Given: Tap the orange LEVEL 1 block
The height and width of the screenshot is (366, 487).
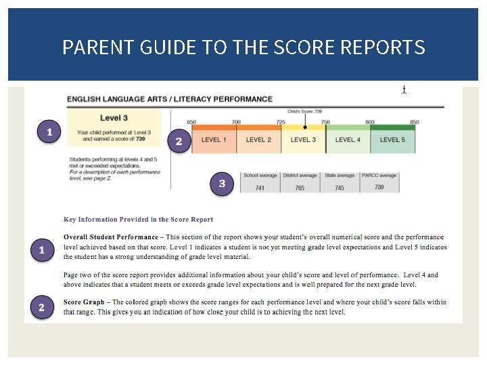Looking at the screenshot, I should [214, 140].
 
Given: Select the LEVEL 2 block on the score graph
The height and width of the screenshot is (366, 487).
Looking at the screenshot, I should [258, 140].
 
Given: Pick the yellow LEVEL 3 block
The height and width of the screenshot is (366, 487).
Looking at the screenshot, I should [303, 140].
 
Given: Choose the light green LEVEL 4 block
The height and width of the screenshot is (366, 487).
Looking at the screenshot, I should [348, 140].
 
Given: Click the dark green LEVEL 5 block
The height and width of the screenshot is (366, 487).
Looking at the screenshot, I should [393, 140].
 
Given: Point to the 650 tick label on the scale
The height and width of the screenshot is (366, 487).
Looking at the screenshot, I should [191, 122].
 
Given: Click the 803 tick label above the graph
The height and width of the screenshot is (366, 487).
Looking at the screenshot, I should [370, 122].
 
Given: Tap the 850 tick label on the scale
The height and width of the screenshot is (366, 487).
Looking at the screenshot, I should [415, 122].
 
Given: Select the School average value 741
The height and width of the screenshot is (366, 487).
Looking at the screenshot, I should [260, 188].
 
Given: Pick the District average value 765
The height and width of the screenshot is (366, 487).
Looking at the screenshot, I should [300, 188].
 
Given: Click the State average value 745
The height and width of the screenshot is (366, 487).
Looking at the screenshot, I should [340, 188].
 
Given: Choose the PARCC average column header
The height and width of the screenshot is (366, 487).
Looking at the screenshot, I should [379, 176].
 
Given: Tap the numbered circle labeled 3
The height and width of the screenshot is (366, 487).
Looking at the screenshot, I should [222, 184].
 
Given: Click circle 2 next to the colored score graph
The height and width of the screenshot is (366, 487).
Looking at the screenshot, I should [179, 142].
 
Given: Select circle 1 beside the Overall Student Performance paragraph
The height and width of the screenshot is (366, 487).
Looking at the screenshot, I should [41, 251].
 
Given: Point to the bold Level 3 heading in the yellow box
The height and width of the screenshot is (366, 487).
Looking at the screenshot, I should [114, 118].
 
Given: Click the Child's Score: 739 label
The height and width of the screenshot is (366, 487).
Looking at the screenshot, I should [304, 111].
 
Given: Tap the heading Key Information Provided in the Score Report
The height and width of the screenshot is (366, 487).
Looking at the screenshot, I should [138, 220].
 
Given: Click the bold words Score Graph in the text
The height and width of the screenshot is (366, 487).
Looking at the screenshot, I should [85, 302].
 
